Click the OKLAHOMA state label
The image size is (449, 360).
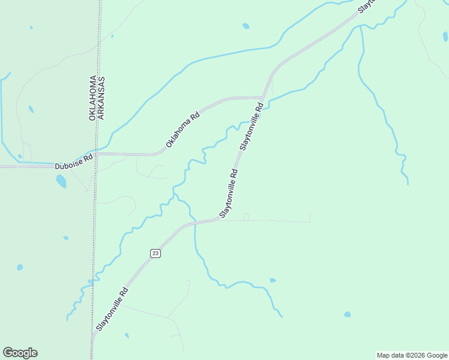point(93,98)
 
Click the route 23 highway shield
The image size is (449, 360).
point(155,254)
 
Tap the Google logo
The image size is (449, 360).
point(20,353)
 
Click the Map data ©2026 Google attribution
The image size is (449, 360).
point(412,355)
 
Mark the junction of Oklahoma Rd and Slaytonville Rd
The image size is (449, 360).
point(263,97)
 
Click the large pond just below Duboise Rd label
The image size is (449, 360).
point(61,181)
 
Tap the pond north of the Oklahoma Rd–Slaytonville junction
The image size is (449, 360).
point(246,26)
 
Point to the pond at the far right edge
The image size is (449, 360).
point(445,37)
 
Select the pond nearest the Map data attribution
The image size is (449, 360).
point(347,314)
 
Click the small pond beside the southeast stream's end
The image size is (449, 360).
point(273,280)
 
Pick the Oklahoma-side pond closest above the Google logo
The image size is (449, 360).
point(20,267)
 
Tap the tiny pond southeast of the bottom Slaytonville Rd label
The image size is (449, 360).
point(127,335)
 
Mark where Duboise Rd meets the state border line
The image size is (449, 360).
point(95,154)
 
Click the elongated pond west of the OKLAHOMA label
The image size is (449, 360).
point(31,109)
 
